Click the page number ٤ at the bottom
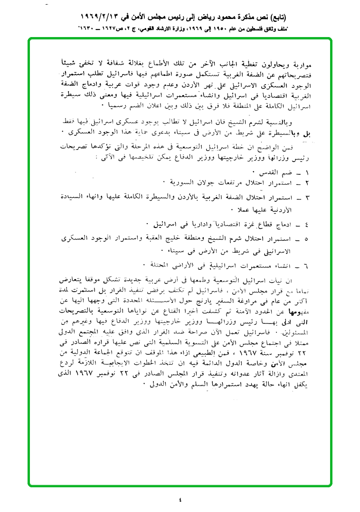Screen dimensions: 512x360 click(x=180, y=499)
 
